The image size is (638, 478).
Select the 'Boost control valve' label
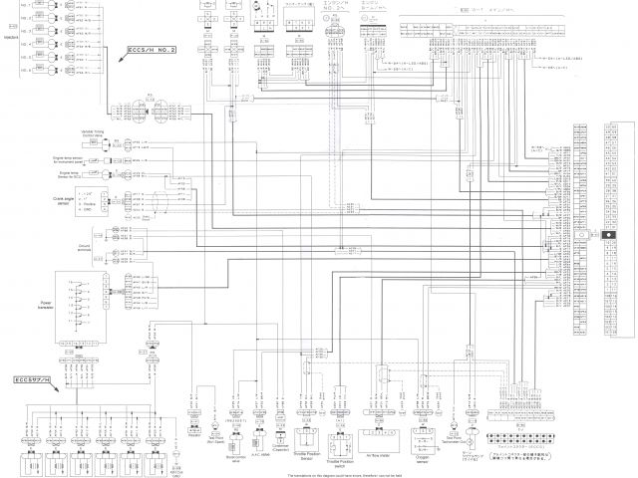[235, 435]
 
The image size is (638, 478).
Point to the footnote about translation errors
[318, 472]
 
